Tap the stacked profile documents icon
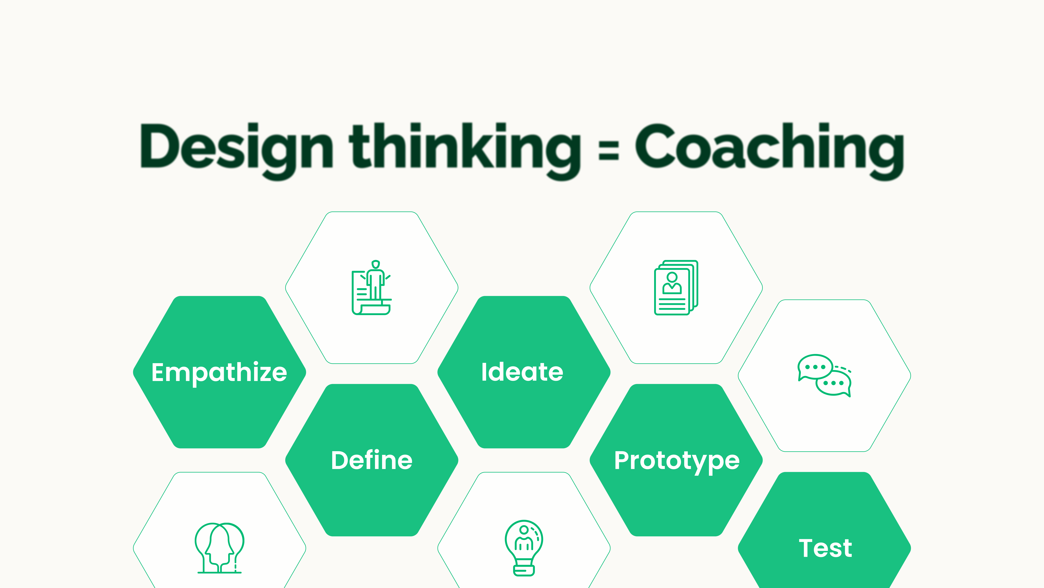tap(676, 287)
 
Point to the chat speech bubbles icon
tap(825, 375)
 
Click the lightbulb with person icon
tap(524, 548)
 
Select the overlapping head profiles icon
tap(219, 548)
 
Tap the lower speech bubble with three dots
tap(834, 383)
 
